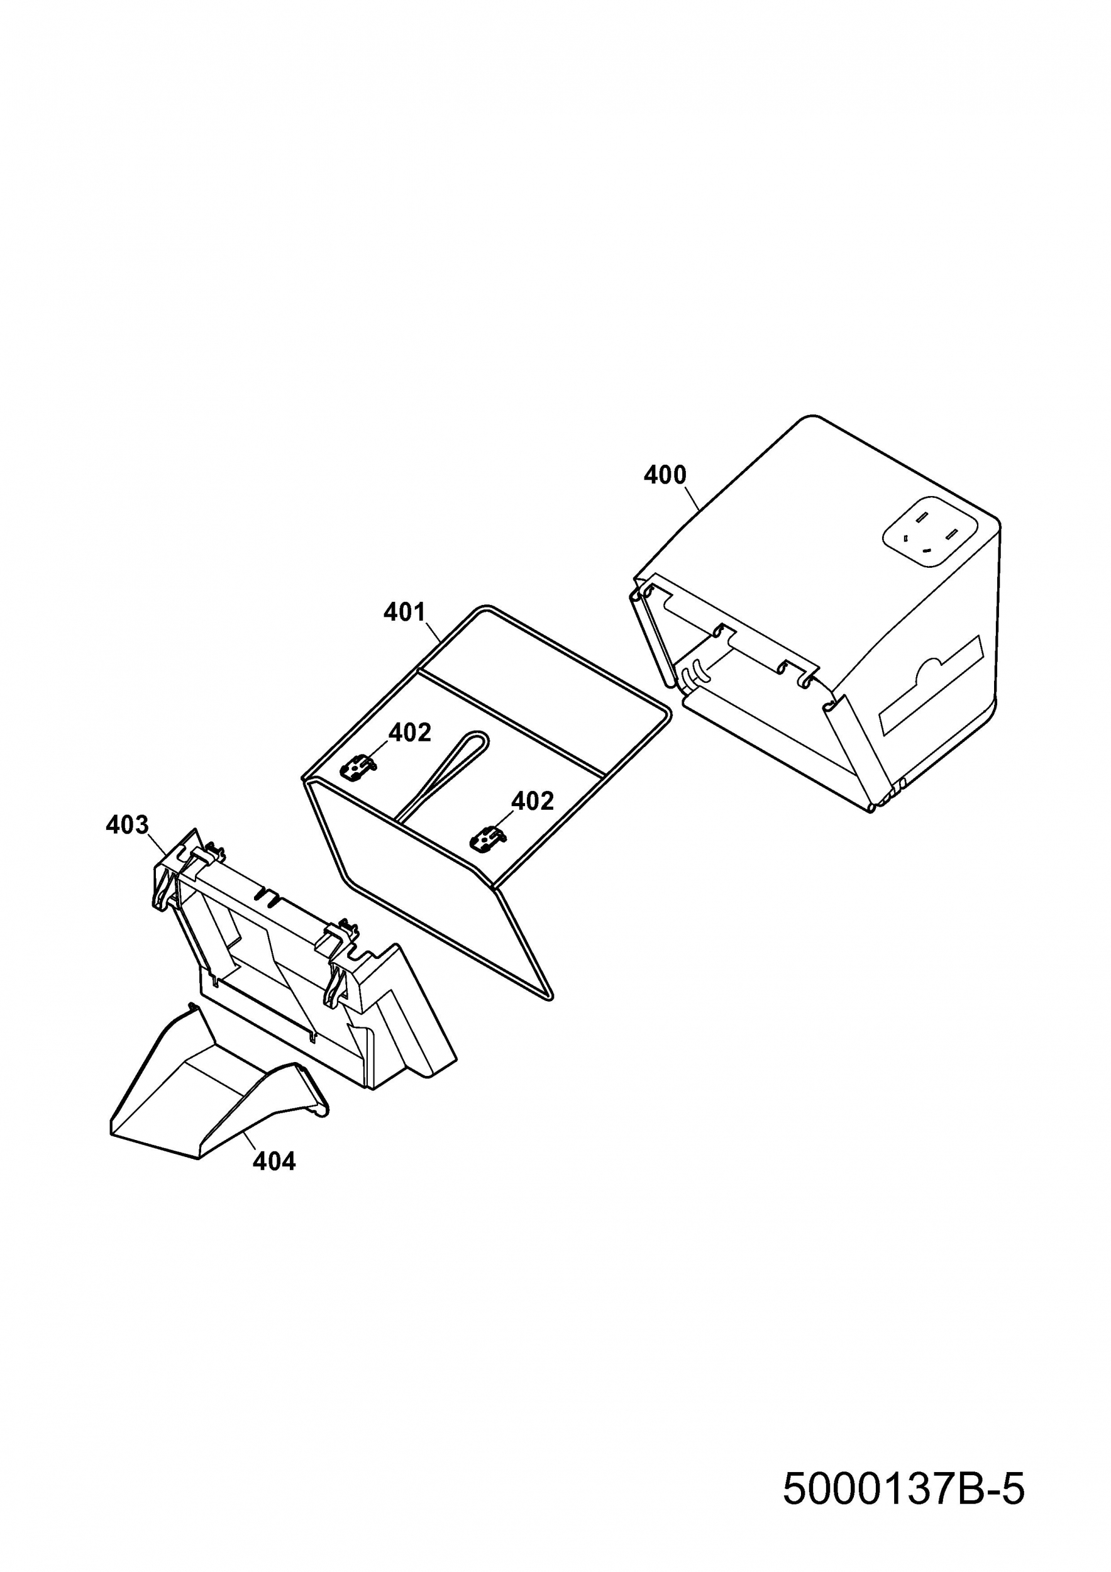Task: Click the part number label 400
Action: coord(664,475)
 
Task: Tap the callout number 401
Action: coord(404,611)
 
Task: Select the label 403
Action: coord(128,825)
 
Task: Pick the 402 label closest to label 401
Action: coord(410,733)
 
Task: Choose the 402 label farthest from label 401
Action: coord(532,800)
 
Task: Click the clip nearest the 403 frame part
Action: coord(357,770)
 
